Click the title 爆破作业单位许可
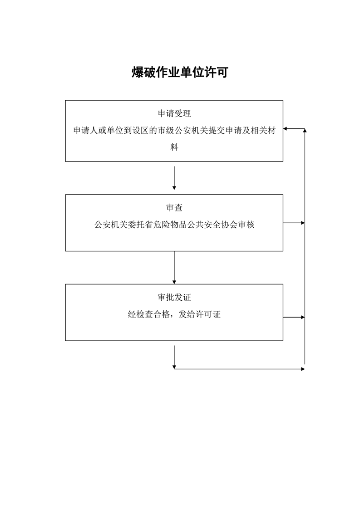180,73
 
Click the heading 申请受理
174,113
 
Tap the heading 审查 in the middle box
174,208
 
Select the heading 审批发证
174,298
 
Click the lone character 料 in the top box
174,147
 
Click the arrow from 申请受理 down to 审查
174,178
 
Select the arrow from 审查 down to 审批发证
174,268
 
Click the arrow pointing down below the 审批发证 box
174,357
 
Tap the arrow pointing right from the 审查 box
294,223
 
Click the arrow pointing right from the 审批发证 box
294,317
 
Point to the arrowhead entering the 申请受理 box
286,129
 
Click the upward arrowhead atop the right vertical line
305,131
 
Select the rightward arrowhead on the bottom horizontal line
302,369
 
